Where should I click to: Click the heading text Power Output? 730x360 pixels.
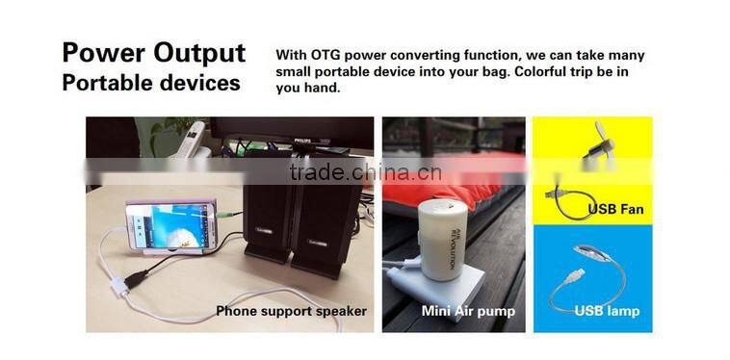pyautogui.click(x=153, y=52)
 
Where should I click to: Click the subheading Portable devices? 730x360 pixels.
pyautogui.click(x=150, y=83)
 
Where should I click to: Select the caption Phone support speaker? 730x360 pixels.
pyautogui.click(x=291, y=311)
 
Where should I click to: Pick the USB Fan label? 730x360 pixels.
pyautogui.click(x=615, y=209)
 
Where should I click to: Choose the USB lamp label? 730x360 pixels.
pyautogui.click(x=607, y=311)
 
